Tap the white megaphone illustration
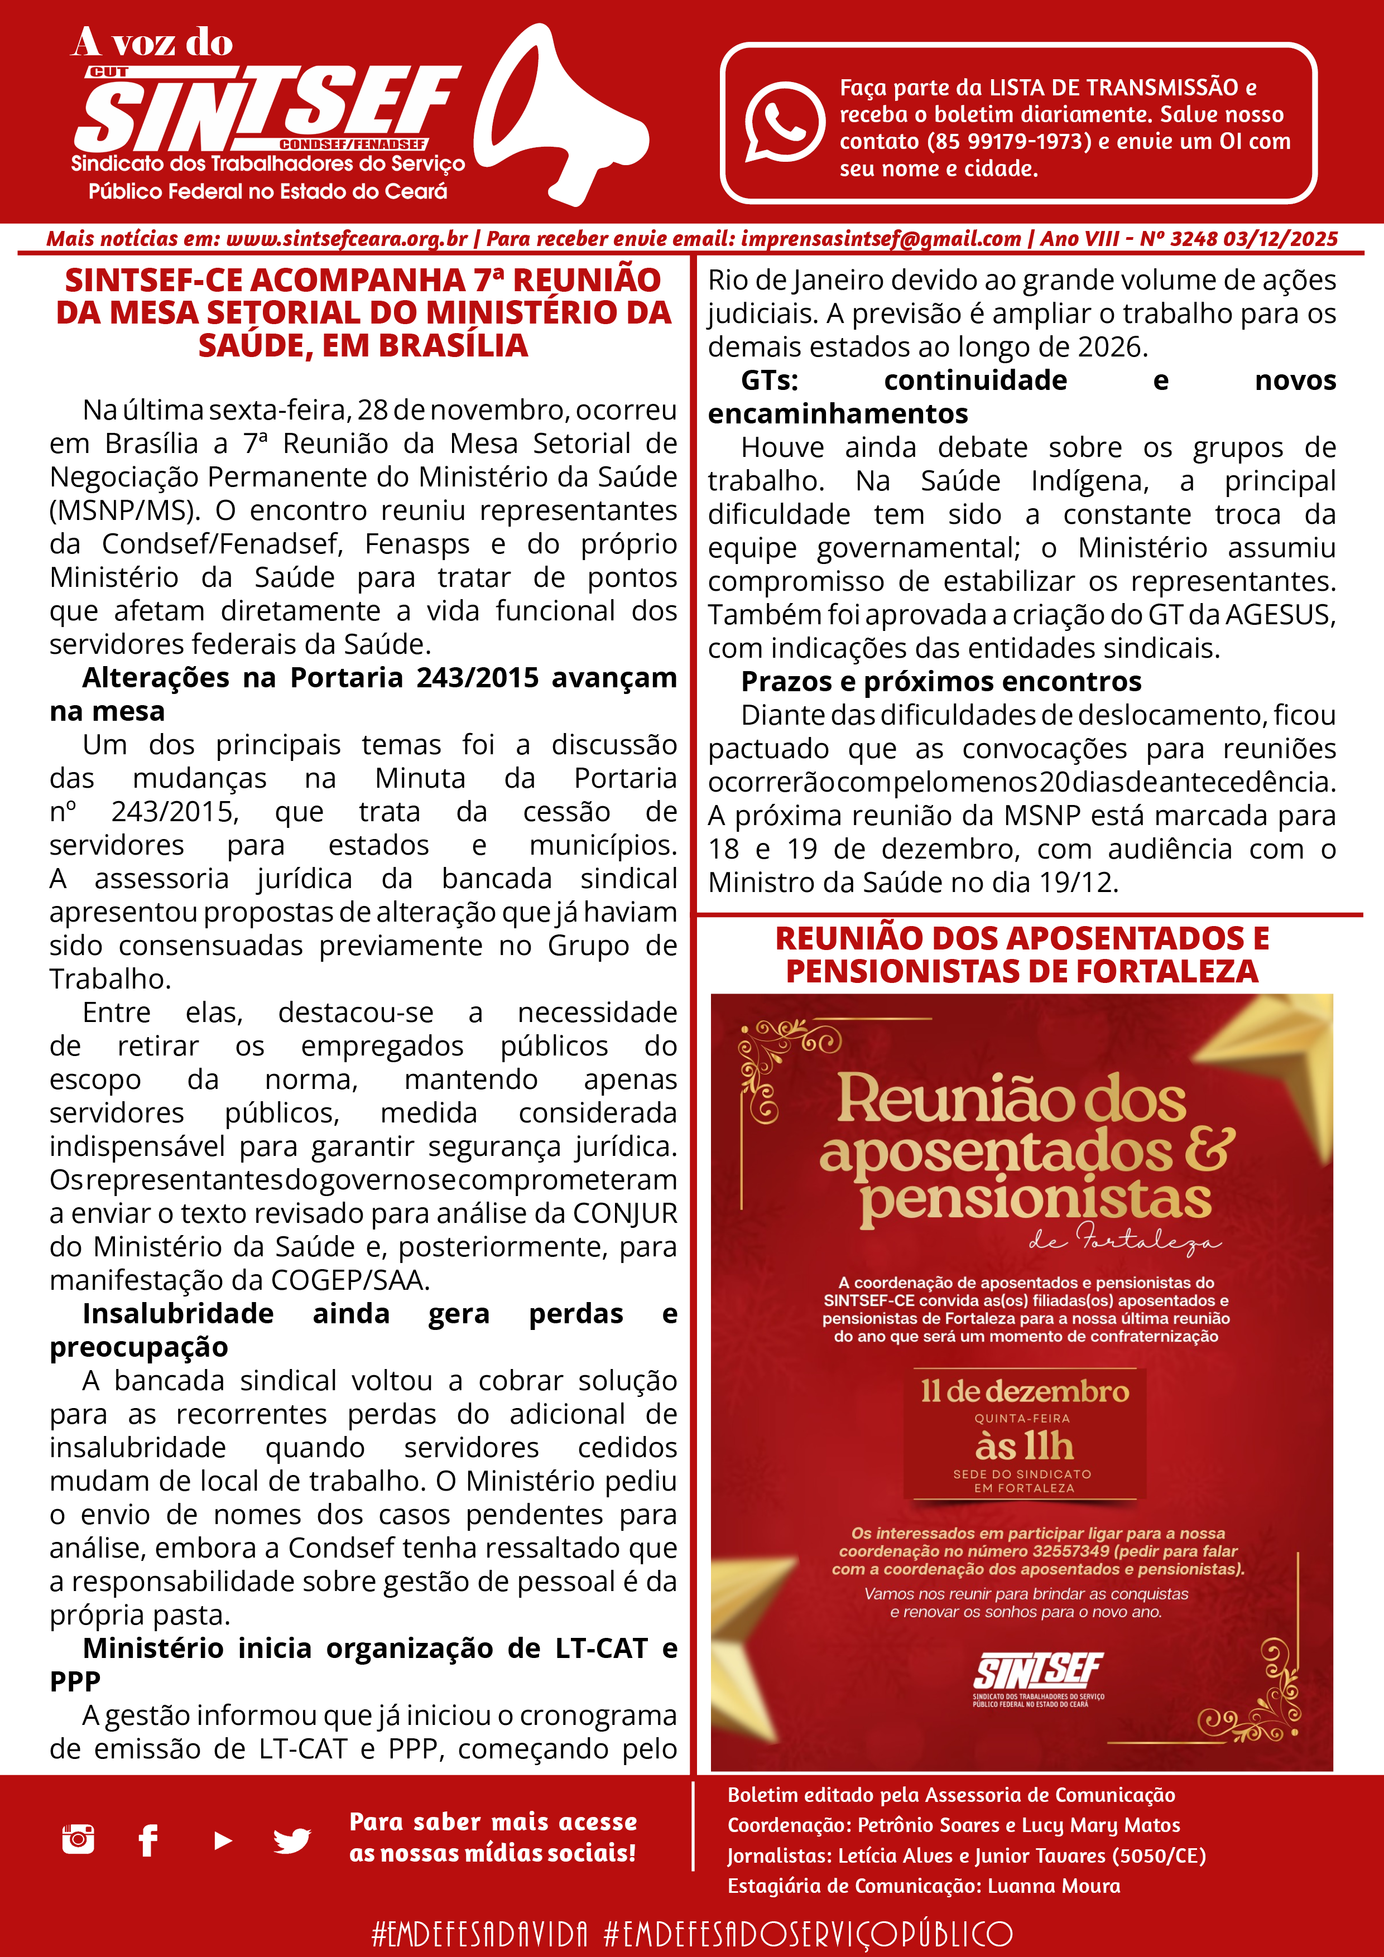559,115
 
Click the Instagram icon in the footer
79,1839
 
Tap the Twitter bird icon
292,1840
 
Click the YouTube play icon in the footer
223,1840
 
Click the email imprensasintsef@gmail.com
881,239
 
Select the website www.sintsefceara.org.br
346,239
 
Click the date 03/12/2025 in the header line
1280,239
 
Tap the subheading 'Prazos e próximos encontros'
940,682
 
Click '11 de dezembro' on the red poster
1024,1392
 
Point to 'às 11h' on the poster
1024,1447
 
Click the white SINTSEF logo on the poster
1038,1671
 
